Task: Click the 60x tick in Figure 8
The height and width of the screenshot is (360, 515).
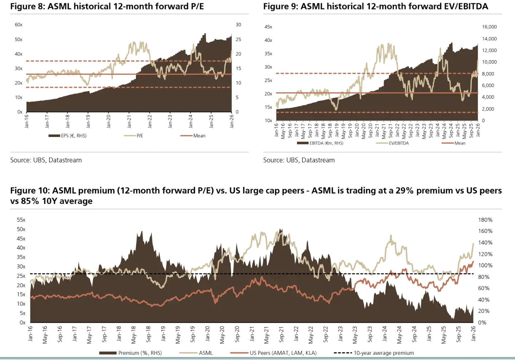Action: (18, 25)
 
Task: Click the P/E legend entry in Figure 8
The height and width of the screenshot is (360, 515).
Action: (140, 136)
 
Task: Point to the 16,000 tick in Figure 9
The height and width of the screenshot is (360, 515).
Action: (489, 27)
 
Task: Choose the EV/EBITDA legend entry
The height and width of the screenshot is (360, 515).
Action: (398, 143)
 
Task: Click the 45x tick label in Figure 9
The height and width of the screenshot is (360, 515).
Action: (268, 27)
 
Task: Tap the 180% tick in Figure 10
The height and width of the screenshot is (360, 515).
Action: (485, 220)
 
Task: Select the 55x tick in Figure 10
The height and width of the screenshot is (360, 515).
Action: (21, 220)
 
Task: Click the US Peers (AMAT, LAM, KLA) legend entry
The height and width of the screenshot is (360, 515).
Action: (283, 353)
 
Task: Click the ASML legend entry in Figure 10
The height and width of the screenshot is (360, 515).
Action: (206, 353)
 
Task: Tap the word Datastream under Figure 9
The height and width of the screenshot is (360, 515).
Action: (318, 160)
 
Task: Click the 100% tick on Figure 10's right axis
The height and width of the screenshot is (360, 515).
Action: (485, 266)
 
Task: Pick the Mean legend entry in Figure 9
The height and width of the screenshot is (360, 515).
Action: (460, 143)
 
